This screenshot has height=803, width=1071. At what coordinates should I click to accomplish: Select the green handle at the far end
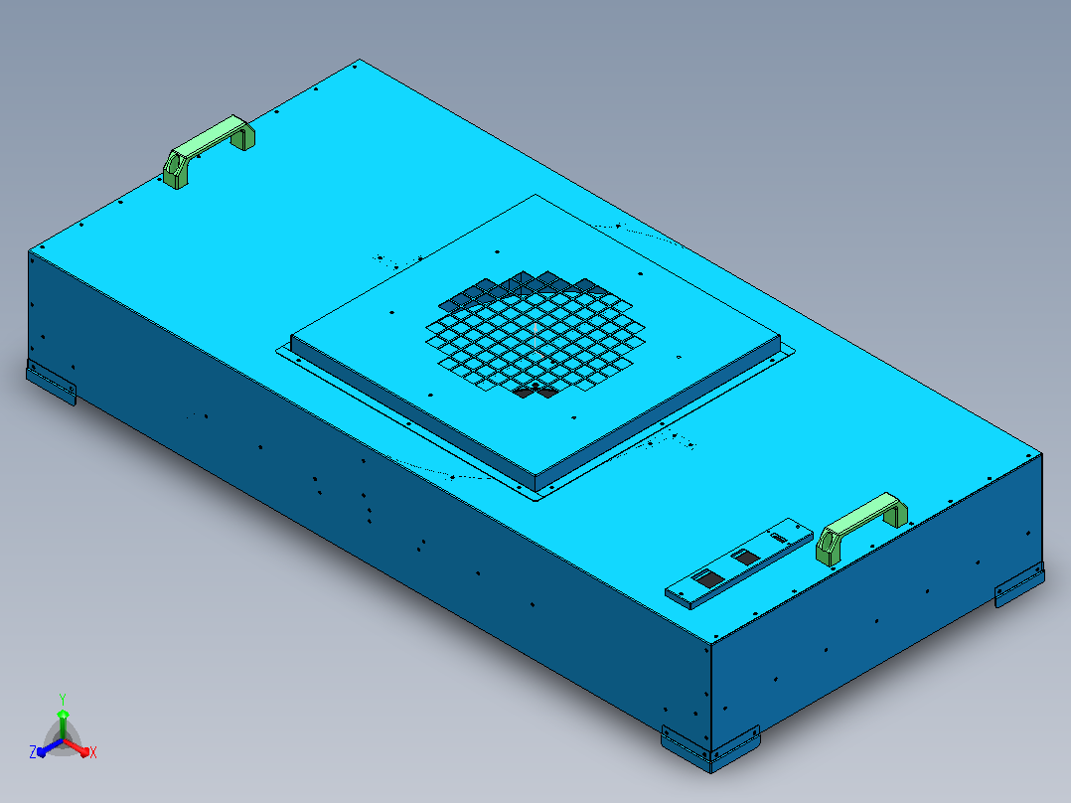click(208, 150)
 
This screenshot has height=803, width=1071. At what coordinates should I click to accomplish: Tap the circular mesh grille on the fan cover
click(535, 334)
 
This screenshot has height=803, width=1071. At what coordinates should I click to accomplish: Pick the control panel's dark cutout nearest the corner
click(709, 579)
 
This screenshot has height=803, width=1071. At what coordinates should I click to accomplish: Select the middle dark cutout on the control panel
click(745, 558)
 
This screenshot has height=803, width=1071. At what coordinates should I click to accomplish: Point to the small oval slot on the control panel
click(779, 538)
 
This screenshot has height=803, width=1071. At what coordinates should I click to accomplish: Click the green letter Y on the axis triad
click(63, 699)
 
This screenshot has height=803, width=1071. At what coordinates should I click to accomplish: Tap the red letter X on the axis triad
click(93, 752)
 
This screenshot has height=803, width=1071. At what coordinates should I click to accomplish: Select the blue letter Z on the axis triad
click(32, 751)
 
